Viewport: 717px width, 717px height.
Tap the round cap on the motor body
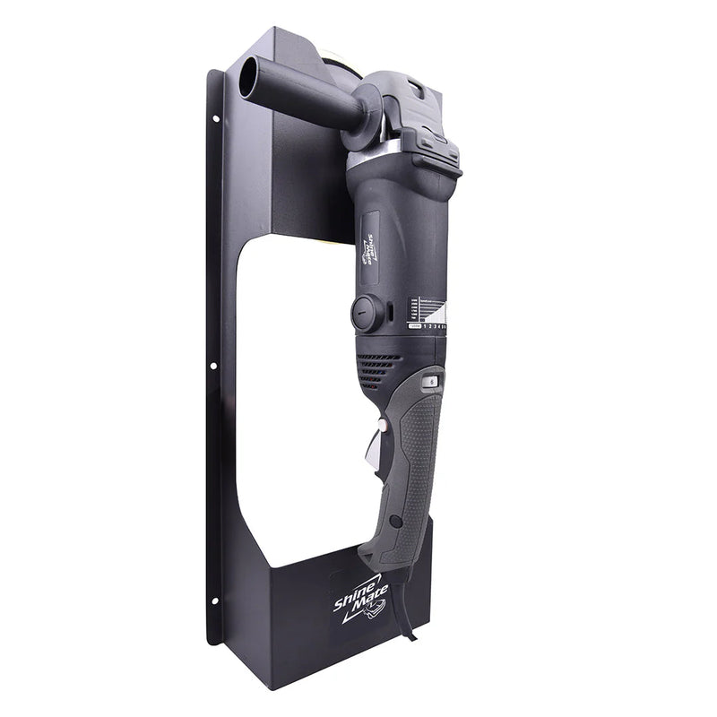367,312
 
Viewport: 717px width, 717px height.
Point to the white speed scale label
428,315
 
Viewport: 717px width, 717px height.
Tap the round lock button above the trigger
431,381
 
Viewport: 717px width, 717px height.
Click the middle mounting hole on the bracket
214,366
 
